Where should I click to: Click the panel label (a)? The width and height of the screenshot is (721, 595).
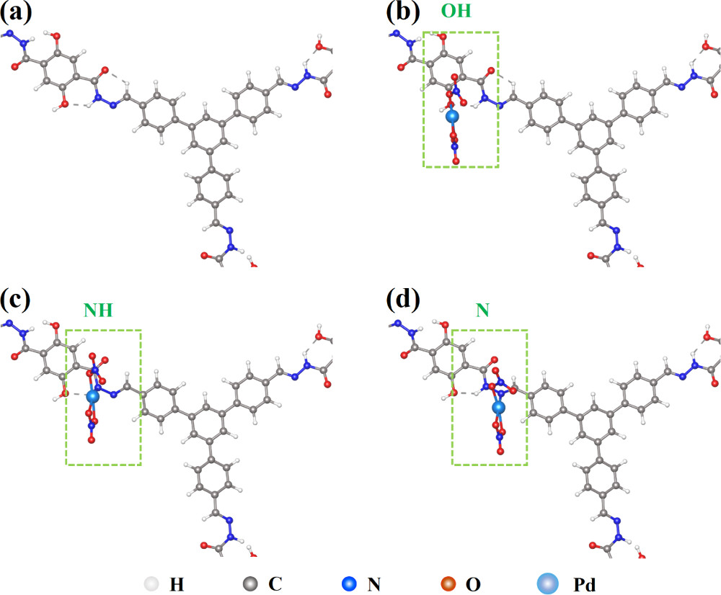point(16,14)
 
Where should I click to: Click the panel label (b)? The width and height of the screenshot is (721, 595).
point(402,14)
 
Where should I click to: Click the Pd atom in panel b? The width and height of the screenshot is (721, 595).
point(452,116)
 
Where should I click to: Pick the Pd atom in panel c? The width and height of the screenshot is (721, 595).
point(92,396)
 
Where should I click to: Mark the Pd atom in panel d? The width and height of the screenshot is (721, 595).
point(497,408)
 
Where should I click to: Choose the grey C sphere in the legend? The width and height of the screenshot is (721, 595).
point(247,582)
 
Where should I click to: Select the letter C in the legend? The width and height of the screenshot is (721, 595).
point(275,582)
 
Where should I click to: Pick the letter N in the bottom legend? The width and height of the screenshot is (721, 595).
point(373,582)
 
